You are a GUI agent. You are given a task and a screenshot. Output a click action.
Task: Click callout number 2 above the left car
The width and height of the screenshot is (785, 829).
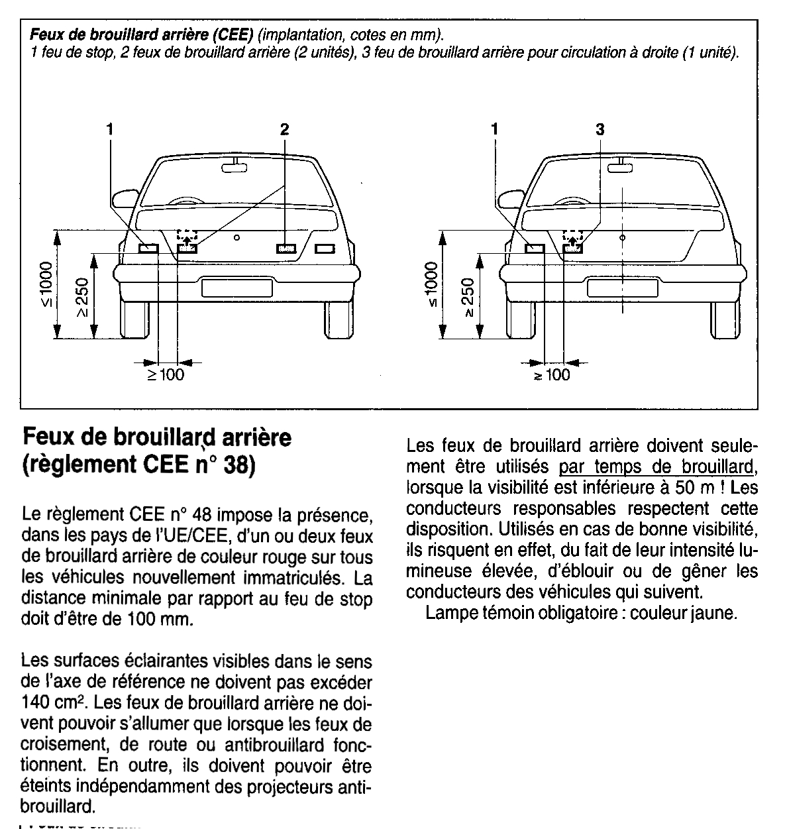pyautogui.click(x=284, y=130)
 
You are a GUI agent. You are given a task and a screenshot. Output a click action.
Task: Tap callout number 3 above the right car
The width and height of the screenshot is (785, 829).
pyautogui.click(x=600, y=130)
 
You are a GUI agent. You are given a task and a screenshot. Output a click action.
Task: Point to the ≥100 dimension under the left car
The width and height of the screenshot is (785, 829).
pyautogui.click(x=165, y=375)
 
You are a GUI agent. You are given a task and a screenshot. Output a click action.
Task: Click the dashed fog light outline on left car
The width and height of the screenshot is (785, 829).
pyautogui.click(x=187, y=235)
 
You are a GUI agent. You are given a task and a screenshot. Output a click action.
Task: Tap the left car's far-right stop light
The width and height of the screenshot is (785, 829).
pyautogui.click(x=325, y=249)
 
